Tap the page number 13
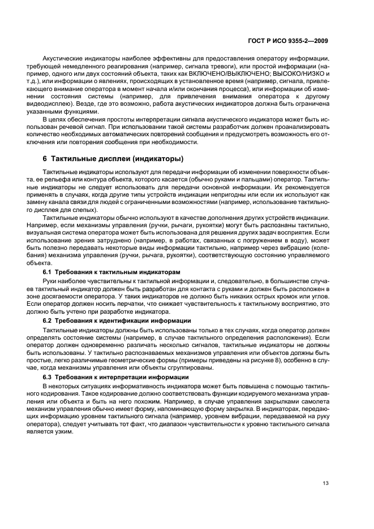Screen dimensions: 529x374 coord(325,483)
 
